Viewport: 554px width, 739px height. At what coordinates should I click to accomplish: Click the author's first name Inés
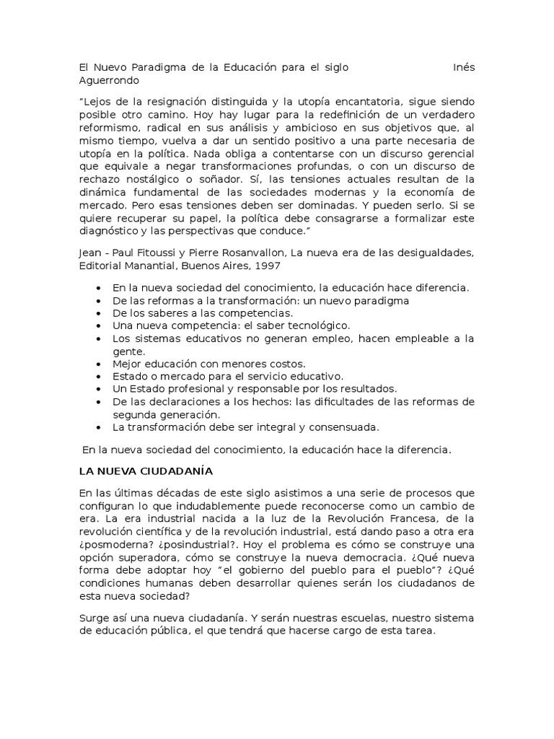click(x=463, y=67)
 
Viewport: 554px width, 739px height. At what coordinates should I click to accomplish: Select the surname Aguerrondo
click(x=109, y=80)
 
